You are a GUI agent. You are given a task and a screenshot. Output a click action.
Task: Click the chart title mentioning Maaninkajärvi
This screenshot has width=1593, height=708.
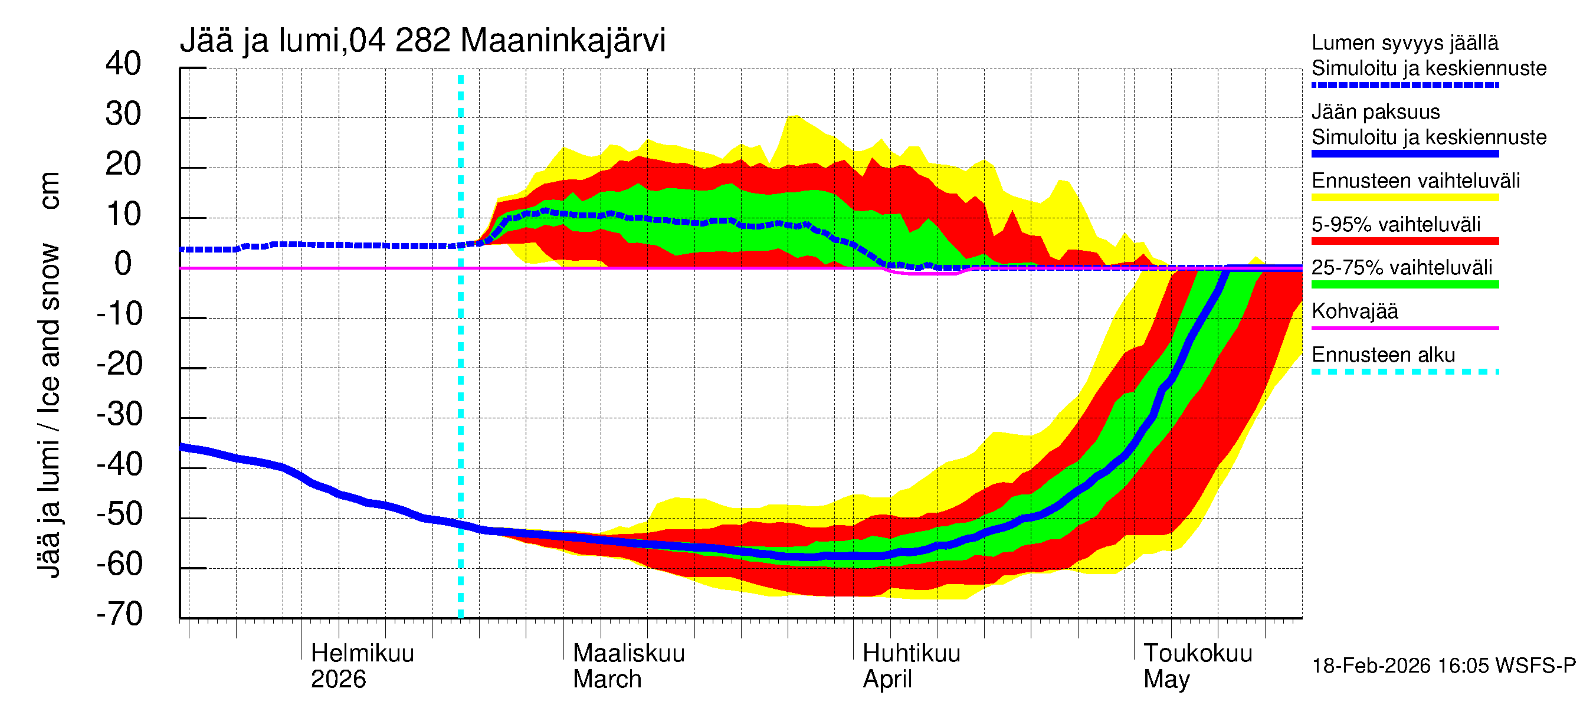(422, 41)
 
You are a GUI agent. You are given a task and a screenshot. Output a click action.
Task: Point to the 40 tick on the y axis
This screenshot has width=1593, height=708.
(123, 64)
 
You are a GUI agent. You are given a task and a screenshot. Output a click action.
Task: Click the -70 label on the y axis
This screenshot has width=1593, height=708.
(119, 614)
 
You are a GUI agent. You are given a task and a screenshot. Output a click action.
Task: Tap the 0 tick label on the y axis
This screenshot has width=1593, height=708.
(123, 264)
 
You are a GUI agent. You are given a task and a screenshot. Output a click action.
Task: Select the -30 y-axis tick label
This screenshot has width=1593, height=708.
(119, 414)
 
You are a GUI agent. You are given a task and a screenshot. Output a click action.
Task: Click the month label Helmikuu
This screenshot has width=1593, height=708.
(362, 653)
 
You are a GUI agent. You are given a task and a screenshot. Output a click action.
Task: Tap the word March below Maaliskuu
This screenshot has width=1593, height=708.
(607, 679)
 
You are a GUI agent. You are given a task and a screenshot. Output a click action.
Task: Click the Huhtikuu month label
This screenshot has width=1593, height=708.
(911, 653)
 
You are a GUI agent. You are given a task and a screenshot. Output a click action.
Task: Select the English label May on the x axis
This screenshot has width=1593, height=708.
(1166, 679)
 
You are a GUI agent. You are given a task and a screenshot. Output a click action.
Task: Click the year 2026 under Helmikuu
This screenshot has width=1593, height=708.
(338, 679)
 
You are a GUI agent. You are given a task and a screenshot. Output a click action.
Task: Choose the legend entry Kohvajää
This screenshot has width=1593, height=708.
(1354, 311)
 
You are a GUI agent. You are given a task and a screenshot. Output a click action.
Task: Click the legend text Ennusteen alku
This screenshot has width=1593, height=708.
(1383, 355)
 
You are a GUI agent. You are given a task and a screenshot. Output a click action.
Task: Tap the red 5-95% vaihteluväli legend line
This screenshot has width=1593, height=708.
(1404, 241)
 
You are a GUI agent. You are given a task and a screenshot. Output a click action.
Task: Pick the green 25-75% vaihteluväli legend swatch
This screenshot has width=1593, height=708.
(1404, 284)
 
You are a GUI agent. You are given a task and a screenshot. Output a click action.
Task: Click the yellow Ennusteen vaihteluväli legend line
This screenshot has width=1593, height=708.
(1404, 198)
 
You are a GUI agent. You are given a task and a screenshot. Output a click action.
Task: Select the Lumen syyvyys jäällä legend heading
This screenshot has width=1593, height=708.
(1404, 42)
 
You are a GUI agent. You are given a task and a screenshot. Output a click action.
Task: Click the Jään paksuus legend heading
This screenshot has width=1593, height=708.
(1375, 112)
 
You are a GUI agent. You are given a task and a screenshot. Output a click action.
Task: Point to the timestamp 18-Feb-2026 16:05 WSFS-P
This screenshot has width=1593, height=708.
(1443, 666)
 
